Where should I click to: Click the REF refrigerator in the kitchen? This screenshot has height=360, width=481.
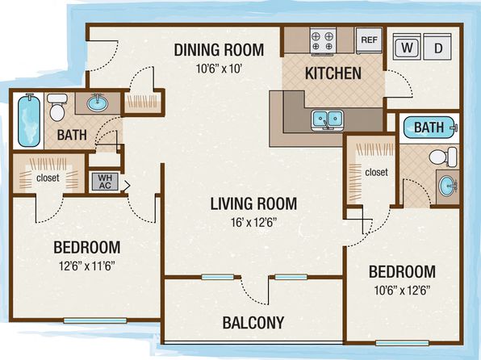[x=369, y=41]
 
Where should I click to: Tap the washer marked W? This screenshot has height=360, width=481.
[x=407, y=47]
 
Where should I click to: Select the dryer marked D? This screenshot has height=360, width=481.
[x=437, y=47]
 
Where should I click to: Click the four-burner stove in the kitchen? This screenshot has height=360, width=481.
[x=322, y=42]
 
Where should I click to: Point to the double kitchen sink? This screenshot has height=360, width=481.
[x=327, y=120]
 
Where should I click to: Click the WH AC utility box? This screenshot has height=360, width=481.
[x=105, y=182]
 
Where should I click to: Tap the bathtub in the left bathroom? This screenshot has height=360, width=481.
[x=29, y=120]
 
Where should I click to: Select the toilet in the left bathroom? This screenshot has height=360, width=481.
[x=57, y=107]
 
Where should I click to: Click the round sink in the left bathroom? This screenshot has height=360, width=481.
[x=97, y=103]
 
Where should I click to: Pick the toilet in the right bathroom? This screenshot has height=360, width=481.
[x=443, y=157]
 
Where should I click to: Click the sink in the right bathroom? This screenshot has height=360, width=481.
[x=448, y=186]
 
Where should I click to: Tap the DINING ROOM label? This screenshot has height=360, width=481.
[x=219, y=50]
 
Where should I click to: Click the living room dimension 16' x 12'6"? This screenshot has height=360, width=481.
[x=254, y=222]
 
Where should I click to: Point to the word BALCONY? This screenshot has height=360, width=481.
[x=253, y=323]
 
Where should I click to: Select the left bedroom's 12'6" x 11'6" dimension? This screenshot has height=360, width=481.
[x=87, y=266]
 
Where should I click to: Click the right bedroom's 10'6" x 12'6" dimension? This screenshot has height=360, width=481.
[x=402, y=290]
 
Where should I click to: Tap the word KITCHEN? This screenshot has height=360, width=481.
[x=333, y=73]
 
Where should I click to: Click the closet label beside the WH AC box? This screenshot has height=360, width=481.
[x=48, y=178]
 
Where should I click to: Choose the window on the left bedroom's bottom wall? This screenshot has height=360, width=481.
[x=95, y=320]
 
